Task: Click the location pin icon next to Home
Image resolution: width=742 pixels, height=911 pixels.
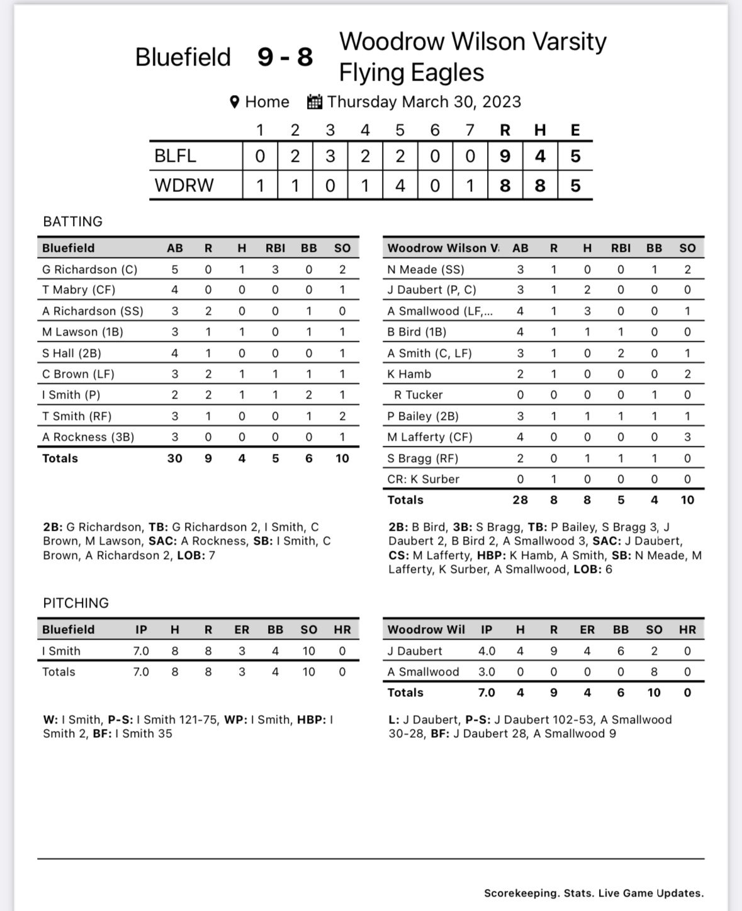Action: coord(235,102)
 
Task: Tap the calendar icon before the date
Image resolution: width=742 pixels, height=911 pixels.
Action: coord(315,102)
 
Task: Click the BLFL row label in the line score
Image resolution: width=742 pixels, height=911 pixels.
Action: coord(176,156)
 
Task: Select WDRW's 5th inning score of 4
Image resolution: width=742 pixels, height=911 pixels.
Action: coord(400,186)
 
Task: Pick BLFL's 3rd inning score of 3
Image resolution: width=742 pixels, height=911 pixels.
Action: coord(330,156)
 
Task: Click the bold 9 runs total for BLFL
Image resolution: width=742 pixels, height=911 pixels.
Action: coord(505,156)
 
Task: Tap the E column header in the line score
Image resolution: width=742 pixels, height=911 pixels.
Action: coord(575,130)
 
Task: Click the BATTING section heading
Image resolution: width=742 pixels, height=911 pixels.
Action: coord(72,222)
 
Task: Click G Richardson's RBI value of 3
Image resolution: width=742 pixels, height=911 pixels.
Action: coord(275,269)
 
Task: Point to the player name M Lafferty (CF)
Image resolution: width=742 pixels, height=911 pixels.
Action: coord(430,437)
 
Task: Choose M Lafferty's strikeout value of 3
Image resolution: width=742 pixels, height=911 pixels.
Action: coord(687,437)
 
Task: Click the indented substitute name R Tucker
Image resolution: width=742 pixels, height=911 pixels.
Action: coord(418,395)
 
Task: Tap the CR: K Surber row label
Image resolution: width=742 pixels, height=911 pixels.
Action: coord(423,479)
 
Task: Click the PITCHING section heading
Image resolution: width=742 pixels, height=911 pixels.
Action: coord(76,603)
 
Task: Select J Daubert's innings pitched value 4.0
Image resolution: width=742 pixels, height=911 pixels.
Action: coord(486,651)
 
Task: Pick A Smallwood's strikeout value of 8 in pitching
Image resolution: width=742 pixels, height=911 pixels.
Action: coord(654,672)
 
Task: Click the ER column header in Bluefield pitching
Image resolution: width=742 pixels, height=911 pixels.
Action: coord(242,630)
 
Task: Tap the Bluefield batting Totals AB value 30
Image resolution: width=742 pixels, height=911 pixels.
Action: coord(175,458)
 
